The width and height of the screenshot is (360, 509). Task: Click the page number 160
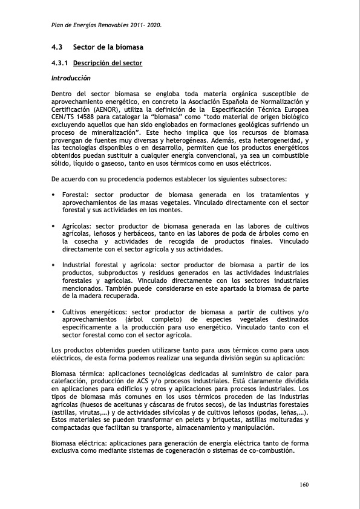[304, 484]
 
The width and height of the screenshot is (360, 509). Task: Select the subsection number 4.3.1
[60, 63]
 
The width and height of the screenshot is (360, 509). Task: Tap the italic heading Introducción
[71, 78]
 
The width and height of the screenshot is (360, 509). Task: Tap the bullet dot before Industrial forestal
[54, 265]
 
